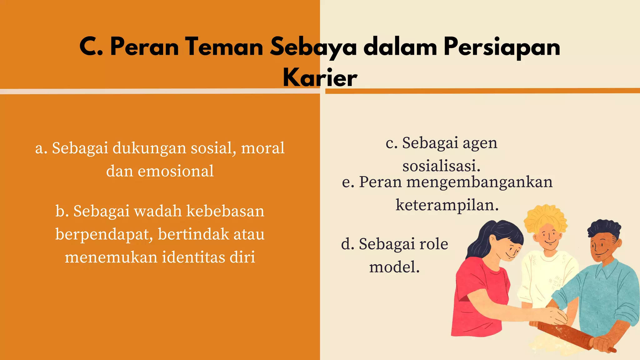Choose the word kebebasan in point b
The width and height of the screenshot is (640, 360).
[x=225, y=211]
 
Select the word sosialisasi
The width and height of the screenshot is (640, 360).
[x=441, y=166]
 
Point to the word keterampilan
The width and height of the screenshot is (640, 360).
[x=447, y=205]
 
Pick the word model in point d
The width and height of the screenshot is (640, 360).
[x=394, y=267]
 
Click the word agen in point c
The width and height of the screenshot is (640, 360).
[x=480, y=143]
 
